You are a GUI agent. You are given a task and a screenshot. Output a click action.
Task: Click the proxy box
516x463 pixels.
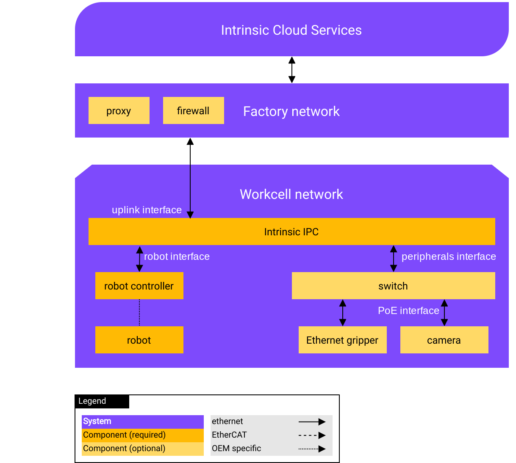pos(119,110)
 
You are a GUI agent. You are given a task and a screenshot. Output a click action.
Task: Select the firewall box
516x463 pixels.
pos(193,110)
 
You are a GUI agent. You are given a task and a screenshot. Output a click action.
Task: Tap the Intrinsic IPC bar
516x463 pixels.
pos(291,231)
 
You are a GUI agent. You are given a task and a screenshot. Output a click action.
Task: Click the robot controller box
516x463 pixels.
pos(139,286)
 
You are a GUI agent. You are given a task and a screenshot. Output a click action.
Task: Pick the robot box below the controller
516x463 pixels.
pos(139,340)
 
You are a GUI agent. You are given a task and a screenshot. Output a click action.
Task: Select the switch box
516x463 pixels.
pos(393,286)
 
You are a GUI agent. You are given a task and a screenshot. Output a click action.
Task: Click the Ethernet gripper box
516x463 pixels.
pos(342,340)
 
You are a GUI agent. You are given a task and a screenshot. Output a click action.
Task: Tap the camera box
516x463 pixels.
pos(444,340)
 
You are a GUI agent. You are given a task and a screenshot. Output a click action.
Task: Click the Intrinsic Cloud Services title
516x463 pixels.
pos(291,30)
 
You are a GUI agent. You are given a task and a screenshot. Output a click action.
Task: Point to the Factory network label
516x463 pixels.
pos(291,111)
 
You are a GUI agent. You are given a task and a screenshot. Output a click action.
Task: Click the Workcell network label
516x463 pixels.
pos(291,194)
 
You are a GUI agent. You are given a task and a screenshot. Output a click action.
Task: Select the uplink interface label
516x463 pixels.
pos(147,210)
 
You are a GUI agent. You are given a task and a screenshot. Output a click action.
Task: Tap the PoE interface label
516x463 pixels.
pos(408,311)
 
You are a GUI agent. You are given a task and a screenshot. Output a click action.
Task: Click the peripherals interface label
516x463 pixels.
pos(449,256)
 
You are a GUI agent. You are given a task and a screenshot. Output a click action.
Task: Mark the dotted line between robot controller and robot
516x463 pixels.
pos(139,313)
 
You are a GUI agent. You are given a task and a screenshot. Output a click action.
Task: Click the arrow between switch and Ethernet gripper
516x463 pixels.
pos(343,313)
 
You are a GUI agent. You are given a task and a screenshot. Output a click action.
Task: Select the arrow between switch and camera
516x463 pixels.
pos(444,313)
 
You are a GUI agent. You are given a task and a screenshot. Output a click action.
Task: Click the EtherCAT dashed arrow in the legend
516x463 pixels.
pos(312,435)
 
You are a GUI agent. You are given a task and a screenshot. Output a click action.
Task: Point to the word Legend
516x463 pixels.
pos(92,401)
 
